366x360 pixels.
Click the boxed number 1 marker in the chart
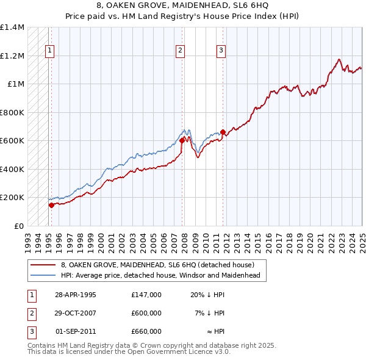[x=49, y=51]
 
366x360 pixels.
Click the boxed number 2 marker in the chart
[x=181, y=51]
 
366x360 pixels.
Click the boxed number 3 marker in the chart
[x=221, y=51]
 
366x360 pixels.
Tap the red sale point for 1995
[x=51, y=205]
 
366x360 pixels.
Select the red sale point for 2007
[x=182, y=141]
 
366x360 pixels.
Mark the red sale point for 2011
[x=223, y=132]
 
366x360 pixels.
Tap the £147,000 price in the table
[x=146, y=295]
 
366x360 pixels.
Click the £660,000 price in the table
[x=146, y=331]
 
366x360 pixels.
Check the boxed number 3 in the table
[x=30, y=331]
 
